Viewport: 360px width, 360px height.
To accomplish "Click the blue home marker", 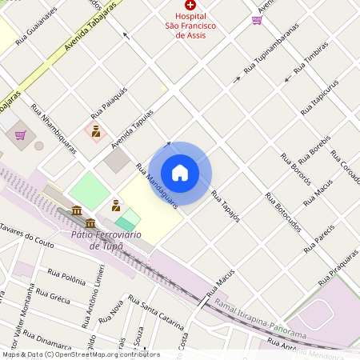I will click(x=180, y=172).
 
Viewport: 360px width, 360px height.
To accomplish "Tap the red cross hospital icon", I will click(x=190, y=5).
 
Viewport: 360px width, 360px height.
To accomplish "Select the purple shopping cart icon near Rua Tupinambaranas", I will click(x=257, y=20).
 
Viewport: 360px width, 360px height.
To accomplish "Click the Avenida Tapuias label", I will click(x=132, y=125).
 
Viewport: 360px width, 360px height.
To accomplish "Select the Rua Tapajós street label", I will click(x=226, y=206).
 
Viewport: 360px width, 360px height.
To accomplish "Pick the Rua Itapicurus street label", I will click(x=319, y=98).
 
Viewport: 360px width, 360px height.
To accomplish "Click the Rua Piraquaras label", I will click(x=338, y=268).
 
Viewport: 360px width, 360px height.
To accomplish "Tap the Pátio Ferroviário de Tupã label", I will click(x=106, y=240).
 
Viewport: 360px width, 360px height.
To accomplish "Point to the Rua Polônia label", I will click(x=66, y=277).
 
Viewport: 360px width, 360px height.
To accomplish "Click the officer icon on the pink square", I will click(x=96, y=130).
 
